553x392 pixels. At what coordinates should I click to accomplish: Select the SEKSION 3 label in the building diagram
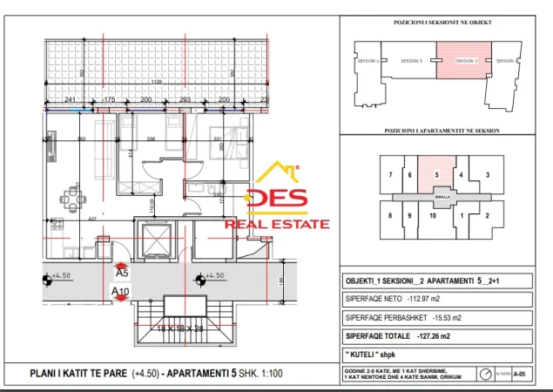coord(411,61)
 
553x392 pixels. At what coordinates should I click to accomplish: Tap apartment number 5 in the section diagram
coord(435,174)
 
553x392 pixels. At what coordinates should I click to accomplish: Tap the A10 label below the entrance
coord(121,292)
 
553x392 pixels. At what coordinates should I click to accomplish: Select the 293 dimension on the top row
coord(185,100)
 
